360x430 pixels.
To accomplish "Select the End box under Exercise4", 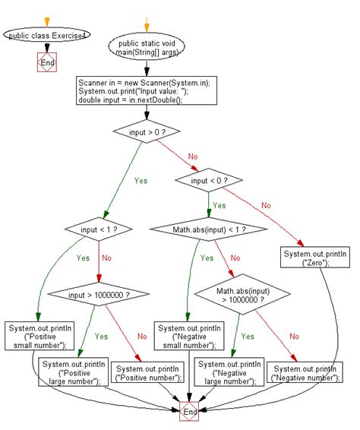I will click(47, 63).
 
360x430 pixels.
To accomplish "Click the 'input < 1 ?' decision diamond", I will click(90, 227).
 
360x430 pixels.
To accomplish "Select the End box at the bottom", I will click(189, 411).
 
